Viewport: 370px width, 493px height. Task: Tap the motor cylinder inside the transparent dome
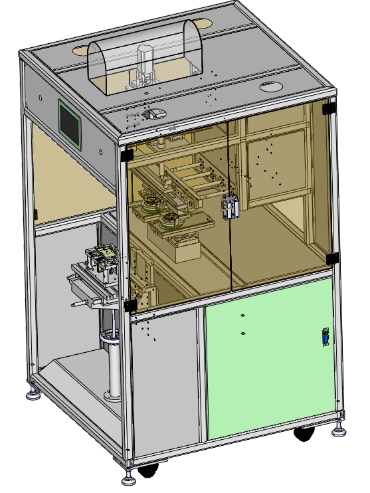coord(145,58)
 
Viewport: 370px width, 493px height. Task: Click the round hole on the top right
coord(270,86)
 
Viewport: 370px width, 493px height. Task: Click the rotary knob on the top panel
coord(153,114)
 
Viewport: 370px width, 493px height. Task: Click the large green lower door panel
coord(269,359)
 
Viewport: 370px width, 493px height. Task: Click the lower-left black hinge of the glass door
coord(128,305)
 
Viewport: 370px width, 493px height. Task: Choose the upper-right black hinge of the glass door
coord(327,106)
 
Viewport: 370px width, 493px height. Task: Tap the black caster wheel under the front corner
coord(147,470)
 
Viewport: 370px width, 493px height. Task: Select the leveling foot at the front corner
coord(128,476)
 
